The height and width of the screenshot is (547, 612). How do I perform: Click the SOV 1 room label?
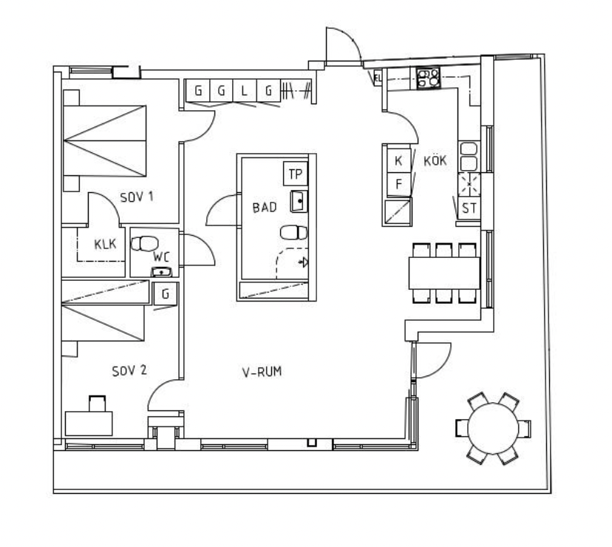[137, 197]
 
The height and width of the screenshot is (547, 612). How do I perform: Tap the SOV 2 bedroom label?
[129, 370]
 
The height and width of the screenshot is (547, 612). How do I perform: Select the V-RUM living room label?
[262, 372]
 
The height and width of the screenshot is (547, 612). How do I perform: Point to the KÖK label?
[435, 160]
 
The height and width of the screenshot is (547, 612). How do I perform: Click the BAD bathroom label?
[265, 207]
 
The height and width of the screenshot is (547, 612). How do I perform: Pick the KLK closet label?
[105, 245]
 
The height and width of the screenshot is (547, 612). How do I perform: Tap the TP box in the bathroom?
[296, 174]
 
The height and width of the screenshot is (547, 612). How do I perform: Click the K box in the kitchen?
[398, 160]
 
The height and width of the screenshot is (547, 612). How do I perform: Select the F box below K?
[398, 184]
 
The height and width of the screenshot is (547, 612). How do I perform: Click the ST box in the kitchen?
[469, 208]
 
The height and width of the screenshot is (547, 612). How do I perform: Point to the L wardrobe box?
[245, 91]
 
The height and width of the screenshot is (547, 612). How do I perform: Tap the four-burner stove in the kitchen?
[428, 78]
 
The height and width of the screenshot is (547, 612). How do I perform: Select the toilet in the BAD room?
[294, 233]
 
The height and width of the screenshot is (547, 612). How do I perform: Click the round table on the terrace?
[493, 429]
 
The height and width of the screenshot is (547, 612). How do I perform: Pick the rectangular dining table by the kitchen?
[444, 273]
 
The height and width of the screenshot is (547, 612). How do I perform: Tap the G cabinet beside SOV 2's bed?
[166, 293]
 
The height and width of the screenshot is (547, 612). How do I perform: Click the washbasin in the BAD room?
[299, 202]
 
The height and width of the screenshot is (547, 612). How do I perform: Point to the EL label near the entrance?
[378, 78]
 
